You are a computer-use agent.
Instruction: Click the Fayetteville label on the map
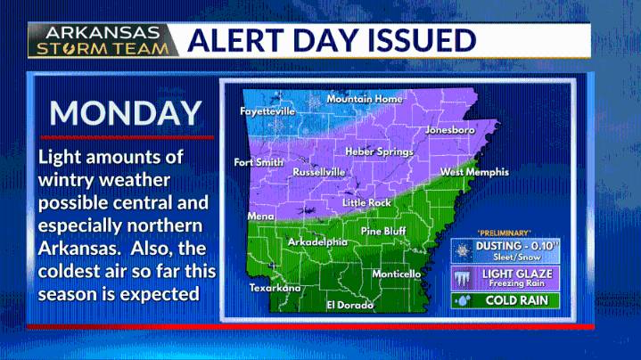tap(267, 112)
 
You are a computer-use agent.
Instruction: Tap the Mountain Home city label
tap(364, 99)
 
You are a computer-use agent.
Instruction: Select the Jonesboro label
tap(449, 130)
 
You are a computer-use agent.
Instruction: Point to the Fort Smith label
tap(259, 163)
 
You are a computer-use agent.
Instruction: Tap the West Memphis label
tap(474, 172)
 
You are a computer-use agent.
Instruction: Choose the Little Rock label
tap(366, 203)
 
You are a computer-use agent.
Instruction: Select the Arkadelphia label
tap(317, 241)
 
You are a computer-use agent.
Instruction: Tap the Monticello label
tap(396, 274)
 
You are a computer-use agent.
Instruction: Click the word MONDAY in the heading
tap(125, 113)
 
